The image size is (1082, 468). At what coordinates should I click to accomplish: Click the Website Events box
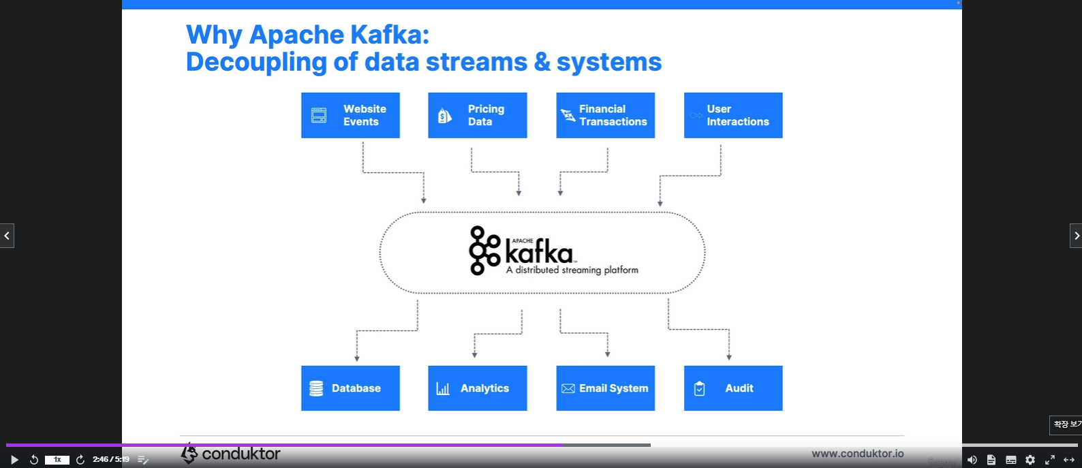pyautogui.click(x=350, y=115)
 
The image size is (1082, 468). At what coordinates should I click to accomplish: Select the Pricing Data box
pyautogui.click(x=477, y=115)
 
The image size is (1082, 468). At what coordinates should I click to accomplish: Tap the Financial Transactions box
pyautogui.click(x=605, y=115)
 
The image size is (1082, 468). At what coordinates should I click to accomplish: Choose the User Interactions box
pyautogui.click(x=733, y=115)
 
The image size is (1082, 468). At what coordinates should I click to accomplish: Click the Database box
pyautogui.click(x=350, y=388)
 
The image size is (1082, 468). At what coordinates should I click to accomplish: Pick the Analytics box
pyautogui.click(x=477, y=388)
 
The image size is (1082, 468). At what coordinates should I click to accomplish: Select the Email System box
pyautogui.click(x=605, y=388)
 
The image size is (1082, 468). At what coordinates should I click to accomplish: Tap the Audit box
pyautogui.click(x=733, y=388)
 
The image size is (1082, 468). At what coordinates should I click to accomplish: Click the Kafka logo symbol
pyautogui.click(x=484, y=251)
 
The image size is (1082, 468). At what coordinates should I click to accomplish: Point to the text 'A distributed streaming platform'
pyautogui.click(x=572, y=270)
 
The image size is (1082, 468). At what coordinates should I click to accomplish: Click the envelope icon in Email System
pyautogui.click(x=568, y=388)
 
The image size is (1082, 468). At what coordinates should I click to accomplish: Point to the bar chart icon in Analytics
pyautogui.click(x=443, y=389)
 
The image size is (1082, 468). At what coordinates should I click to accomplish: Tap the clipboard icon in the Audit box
pyautogui.click(x=699, y=388)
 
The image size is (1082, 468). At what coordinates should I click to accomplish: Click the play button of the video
pyautogui.click(x=14, y=460)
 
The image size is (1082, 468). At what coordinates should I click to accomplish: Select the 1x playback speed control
pyautogui.click(x=57, y=460)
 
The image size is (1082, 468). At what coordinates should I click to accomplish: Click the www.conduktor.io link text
pyautogui.click(x=857, y=454)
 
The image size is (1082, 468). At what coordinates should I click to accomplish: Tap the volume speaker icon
pyautogui.click(x=972, y=460)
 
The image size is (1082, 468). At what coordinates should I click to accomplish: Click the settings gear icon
pyautogui.click(x=1030, y=460)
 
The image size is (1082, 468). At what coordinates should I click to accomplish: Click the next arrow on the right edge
pyautogui.click(x=1076, y=236)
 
